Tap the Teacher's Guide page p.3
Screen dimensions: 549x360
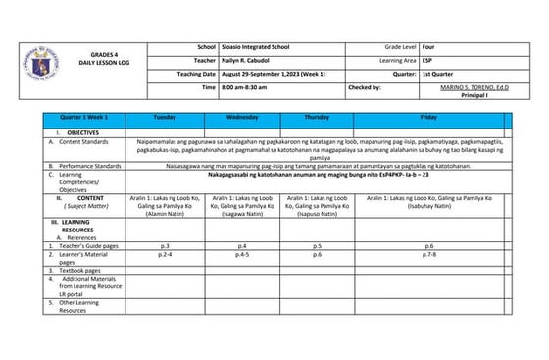(165, 245)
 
